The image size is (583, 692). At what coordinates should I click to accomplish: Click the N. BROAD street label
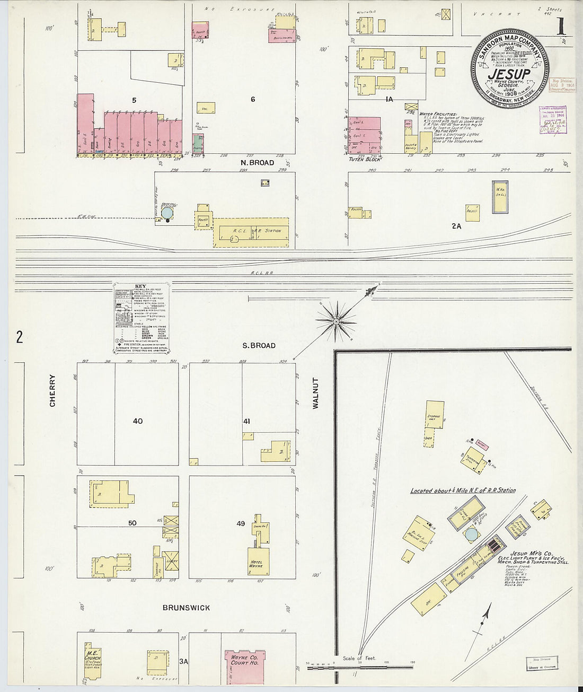(x=257, y=163)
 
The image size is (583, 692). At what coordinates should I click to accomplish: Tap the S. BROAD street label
(x=259, y=346)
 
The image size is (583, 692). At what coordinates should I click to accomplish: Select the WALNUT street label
(x=315, y=393)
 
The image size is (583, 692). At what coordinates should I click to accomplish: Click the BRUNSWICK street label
(x=186, y=608)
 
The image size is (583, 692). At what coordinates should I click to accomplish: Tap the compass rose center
(x=336, y=321)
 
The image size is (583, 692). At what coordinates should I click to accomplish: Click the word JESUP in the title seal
(x=508, y=74)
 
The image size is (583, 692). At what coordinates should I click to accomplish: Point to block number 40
(x=138, y=422)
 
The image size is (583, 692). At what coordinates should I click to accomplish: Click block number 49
(x=241, y=524)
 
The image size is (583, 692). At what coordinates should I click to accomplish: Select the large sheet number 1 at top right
(x=560, y=28)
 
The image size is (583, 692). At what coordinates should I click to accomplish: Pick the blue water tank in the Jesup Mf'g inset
(x=471, y=536)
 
